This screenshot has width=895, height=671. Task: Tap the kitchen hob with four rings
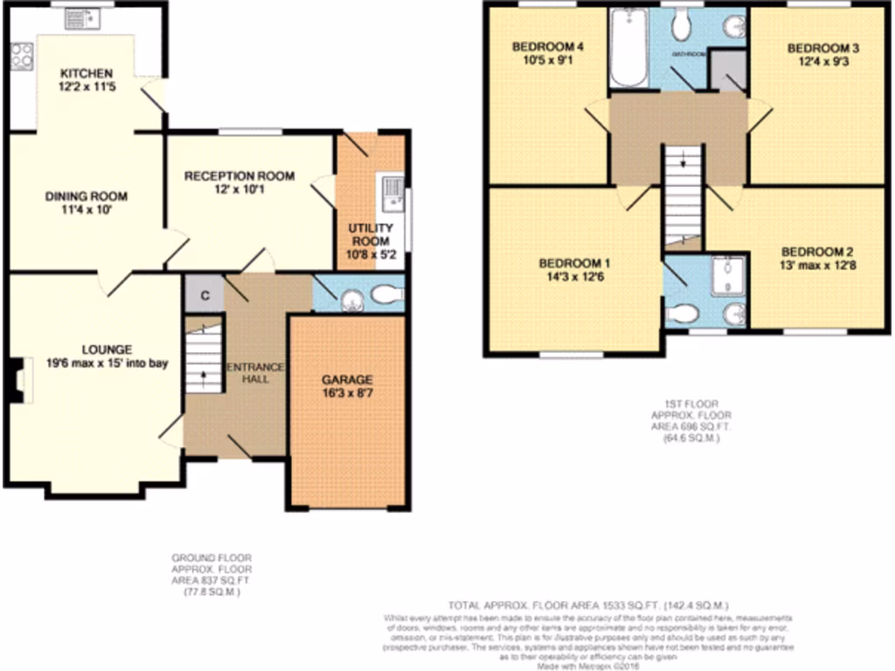click(x=21, y=57)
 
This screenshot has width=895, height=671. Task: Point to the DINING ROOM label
click(x=87, y=196)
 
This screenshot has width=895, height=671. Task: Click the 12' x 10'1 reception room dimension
click(x=239, y=190)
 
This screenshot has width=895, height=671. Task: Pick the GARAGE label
click(x=347, y=379)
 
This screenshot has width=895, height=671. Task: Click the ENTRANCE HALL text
click(x=255, y=373)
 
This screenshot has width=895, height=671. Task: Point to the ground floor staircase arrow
click(x=205, y=375)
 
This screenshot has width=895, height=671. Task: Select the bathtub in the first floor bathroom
click(x=628, y=48)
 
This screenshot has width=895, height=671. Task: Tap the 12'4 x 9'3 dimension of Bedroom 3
click(x=819, y=62)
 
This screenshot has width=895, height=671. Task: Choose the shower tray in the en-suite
click(x=726, y=277)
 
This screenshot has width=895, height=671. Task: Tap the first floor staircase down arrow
click(x=683, y=163)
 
